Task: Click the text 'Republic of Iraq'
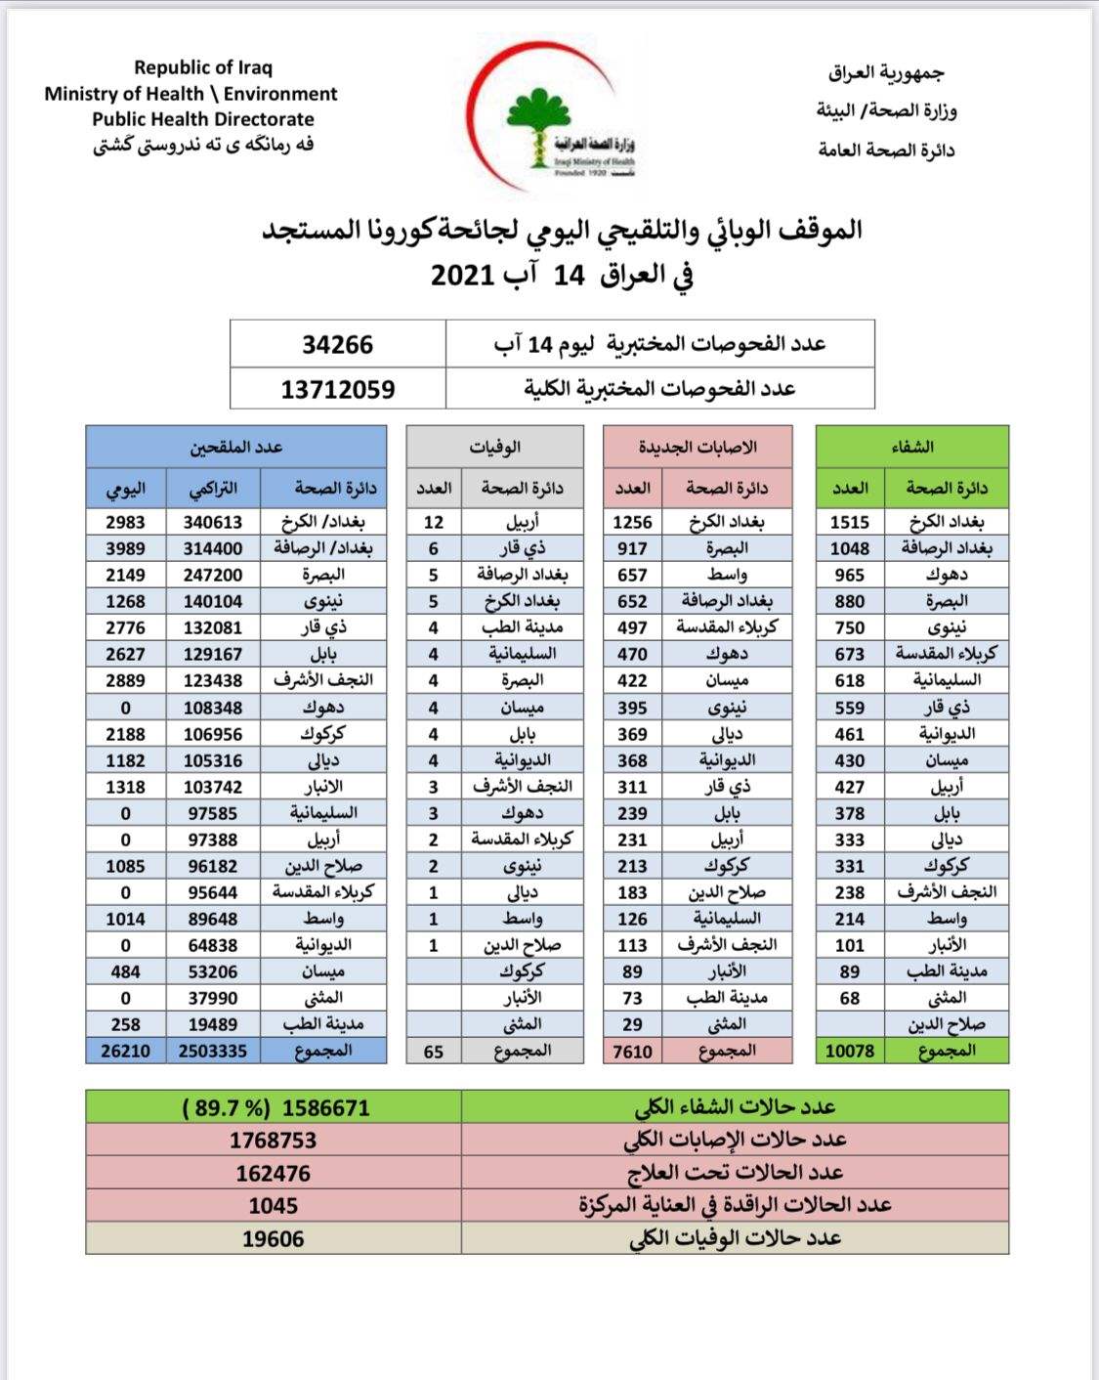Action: tap(203, 67)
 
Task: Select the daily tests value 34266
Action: tap(337, 345)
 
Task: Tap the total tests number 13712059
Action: tap(338, 389)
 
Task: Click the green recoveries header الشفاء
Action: tap(912, 447)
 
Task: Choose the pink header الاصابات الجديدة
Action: tap(697, 447)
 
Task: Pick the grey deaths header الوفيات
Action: tap(495, 447)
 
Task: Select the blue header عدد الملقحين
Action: tap(236, 447)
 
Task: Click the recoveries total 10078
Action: tap(850, 1051)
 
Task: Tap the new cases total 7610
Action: tap(632, 1051)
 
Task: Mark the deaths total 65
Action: tap(434, 1051)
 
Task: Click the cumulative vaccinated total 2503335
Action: tap(213, 1051)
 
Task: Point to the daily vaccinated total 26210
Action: tap(125, 1051)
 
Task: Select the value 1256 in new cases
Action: tap(632, 522)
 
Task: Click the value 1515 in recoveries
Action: tap(850, 522)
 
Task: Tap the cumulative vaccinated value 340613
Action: tap(213, 522)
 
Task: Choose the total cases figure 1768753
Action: tap(274, 1141)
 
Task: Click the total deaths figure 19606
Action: tap(274, 1238)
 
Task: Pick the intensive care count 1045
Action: tap(274, 1205)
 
